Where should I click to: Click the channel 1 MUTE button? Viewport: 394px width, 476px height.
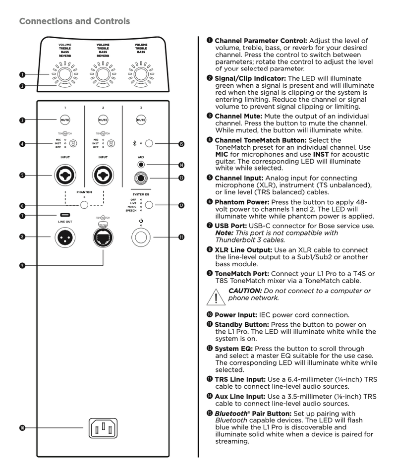click(x=65, y=119)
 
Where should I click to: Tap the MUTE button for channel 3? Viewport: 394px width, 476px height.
click(x=141, y=119)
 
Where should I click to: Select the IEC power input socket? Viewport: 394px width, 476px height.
click(x=103, y=427)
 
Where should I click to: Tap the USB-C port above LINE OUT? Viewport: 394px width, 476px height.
click(x=65, y=215)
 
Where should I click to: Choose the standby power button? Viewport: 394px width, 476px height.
click(x=141, y=237)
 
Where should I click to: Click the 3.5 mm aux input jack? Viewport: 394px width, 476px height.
click(x=141, y=165)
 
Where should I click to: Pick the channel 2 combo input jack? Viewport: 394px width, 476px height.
click(x=103, y=176)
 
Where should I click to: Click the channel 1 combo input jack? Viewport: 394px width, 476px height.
click(x=65, y=176)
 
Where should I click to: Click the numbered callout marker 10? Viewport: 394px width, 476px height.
click(x=22, y=427)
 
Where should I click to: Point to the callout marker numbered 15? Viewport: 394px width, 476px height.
click(x=181, y=144)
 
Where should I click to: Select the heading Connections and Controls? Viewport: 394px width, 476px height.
click(x=74, y=21)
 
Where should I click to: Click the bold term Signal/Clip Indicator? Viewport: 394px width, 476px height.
click(x=250, y=78)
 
